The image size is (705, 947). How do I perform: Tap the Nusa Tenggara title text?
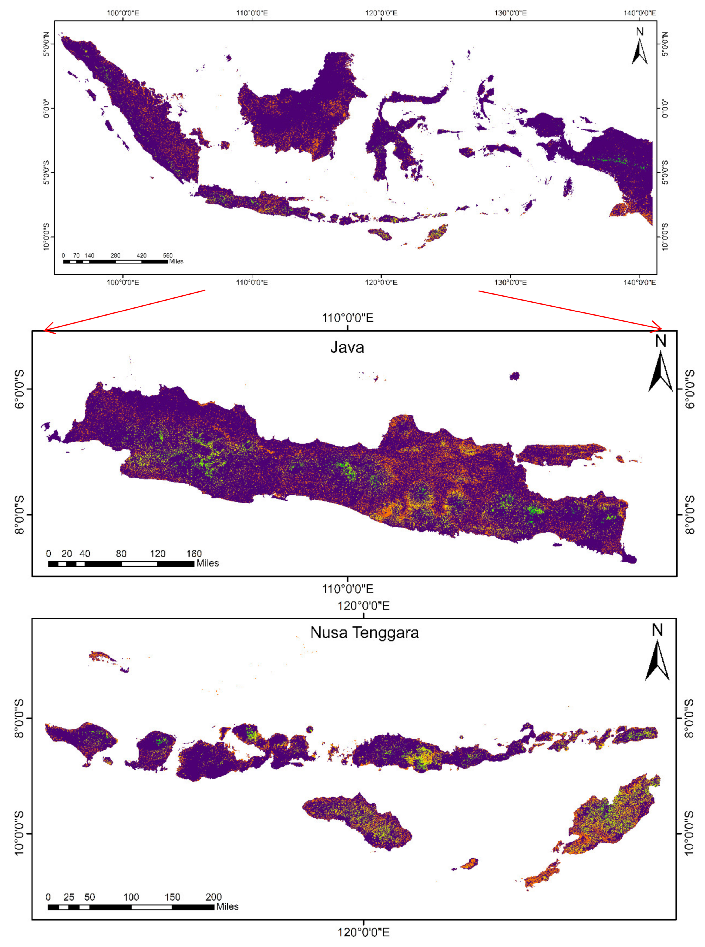[x=364, y=632]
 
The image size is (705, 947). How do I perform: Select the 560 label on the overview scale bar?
[x=168, y=256]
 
